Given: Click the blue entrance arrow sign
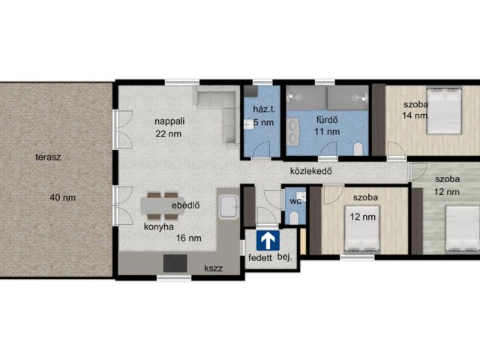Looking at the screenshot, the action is coord(268,241).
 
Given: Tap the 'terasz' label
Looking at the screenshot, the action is coord(48,157).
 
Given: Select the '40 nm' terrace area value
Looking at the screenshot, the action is coord(63,198).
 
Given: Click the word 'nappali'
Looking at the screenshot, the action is coord(169,121).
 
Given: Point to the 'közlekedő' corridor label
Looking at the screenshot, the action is coord(311,171).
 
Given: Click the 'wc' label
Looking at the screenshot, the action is coord(295,201).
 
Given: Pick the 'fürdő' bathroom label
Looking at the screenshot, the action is coord(327,120).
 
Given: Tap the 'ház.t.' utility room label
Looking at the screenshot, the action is coord(264,109).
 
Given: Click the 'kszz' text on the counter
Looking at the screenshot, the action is coord(213,268).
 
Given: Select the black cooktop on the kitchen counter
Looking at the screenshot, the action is coord(175,263).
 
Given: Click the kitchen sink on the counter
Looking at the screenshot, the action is coord(228,207).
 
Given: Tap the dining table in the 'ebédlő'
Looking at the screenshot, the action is coord(162,205).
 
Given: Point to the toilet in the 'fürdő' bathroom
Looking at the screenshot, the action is coord(358,148).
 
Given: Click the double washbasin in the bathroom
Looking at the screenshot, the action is coord(293,132).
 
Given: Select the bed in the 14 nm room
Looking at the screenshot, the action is coord(444,111).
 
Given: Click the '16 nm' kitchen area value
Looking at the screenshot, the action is coord(188,238).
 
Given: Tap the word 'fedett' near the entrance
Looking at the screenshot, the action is coord(260,258).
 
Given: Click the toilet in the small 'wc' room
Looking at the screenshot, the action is coord(294,217).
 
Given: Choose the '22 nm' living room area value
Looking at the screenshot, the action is coord(168,134).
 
